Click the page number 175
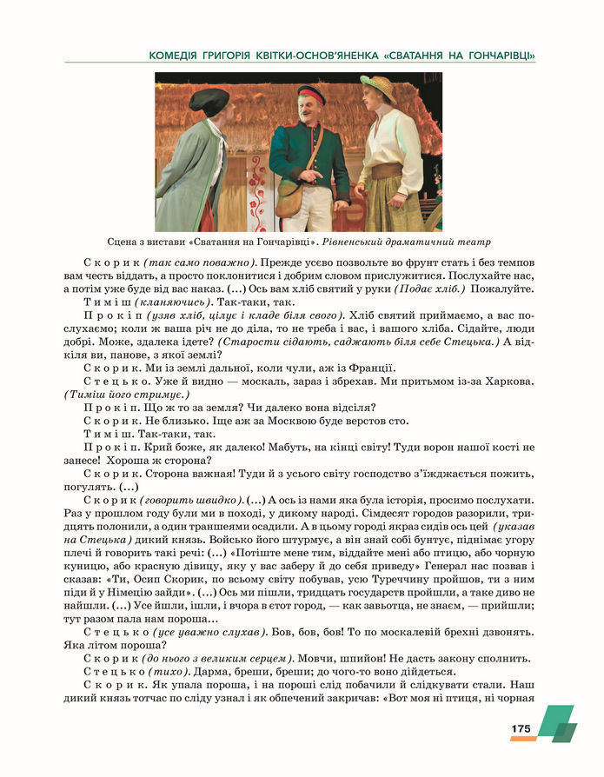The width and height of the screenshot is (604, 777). tap(521, 728)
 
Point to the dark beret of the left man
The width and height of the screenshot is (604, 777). tap(209, 99)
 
